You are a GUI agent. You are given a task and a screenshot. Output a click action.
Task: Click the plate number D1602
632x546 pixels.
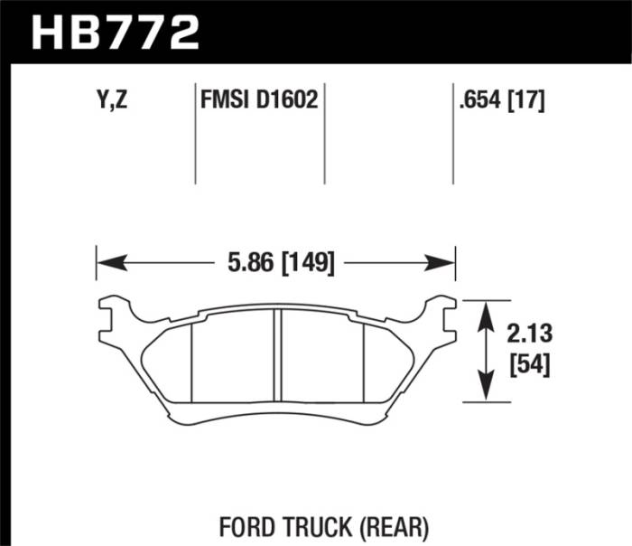click(287, 99)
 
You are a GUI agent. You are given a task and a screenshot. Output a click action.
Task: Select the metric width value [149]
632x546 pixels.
click(310, 264)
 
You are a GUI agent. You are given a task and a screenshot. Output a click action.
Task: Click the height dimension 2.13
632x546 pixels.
click(529, 335)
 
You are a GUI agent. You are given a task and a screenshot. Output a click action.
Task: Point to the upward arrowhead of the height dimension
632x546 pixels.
click(488, 312)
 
